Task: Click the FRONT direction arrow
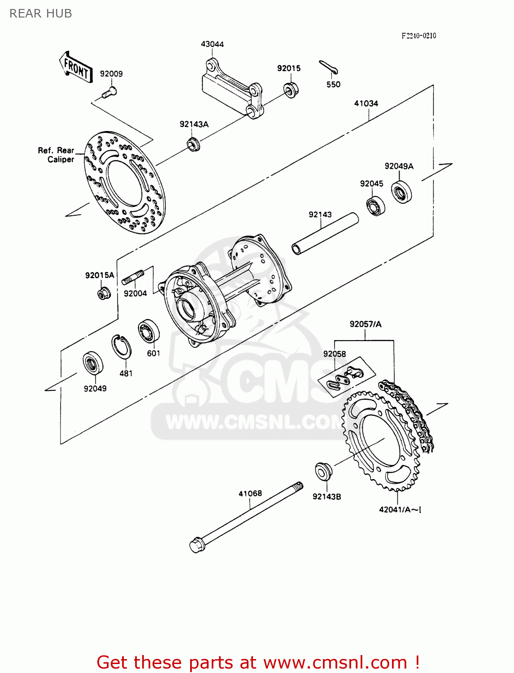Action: click(x=76, y=67)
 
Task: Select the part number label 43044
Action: click(x=212, y=44)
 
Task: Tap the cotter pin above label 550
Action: click(x=329, y=67)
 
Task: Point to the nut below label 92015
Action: click(x=291, y=90)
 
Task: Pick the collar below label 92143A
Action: click(x=193, y=144)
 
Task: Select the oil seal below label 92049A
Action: click(x=401, y=192)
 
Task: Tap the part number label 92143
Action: click(x=320, y=214)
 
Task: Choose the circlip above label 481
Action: click(x=121, y=346)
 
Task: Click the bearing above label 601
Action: click(x=148, y=332)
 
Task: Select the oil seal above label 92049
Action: click(x=93, y=363)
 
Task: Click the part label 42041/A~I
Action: click(x=400, y=510)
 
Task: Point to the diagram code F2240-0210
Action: click(x=418, y=35)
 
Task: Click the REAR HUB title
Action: click(x=41, y=13)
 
